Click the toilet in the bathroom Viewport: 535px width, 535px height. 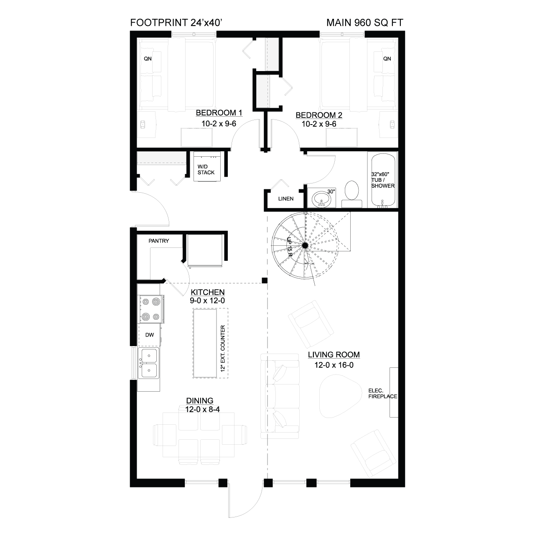point(352,194)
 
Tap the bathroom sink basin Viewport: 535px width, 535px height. point(321,199)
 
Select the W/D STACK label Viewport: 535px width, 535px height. point(206,170)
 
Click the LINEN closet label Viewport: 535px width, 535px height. point(286,199)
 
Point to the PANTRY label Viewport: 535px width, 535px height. point(159,241)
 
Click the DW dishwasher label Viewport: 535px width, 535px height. point(150,335)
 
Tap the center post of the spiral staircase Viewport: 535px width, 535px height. point(305,245)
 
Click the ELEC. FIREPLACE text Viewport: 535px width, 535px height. point(382,393)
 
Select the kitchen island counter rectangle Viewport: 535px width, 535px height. point(205,344)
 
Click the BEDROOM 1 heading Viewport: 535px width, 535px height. point(219,113)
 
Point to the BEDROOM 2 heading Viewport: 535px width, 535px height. point(319,115)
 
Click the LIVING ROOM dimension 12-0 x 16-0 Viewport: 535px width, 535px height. point(334,365)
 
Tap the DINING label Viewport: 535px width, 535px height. point(200,401)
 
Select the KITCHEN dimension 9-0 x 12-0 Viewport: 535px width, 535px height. point(207,301)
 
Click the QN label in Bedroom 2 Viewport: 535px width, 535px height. point(387,59)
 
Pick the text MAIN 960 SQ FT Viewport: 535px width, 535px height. point(365,23)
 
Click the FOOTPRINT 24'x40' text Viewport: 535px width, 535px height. point(176,23)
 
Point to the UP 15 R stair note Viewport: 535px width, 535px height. point(290,247)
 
